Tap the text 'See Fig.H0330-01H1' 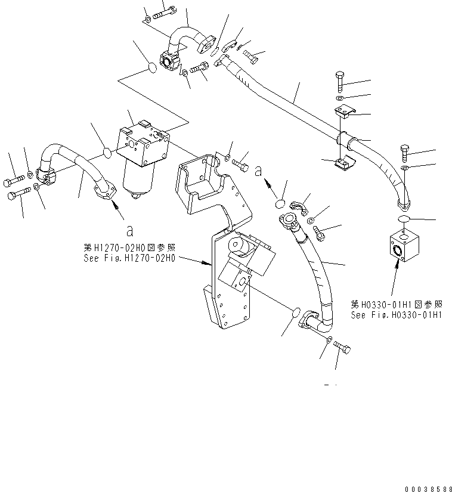pyautogui.click(x=396, y=315)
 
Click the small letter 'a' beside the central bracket pyautogui.click(x=258, y=171)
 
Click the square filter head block pyautogui.click(x=144, y=147)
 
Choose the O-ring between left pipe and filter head pyautogui.click(x=106, y=153)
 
